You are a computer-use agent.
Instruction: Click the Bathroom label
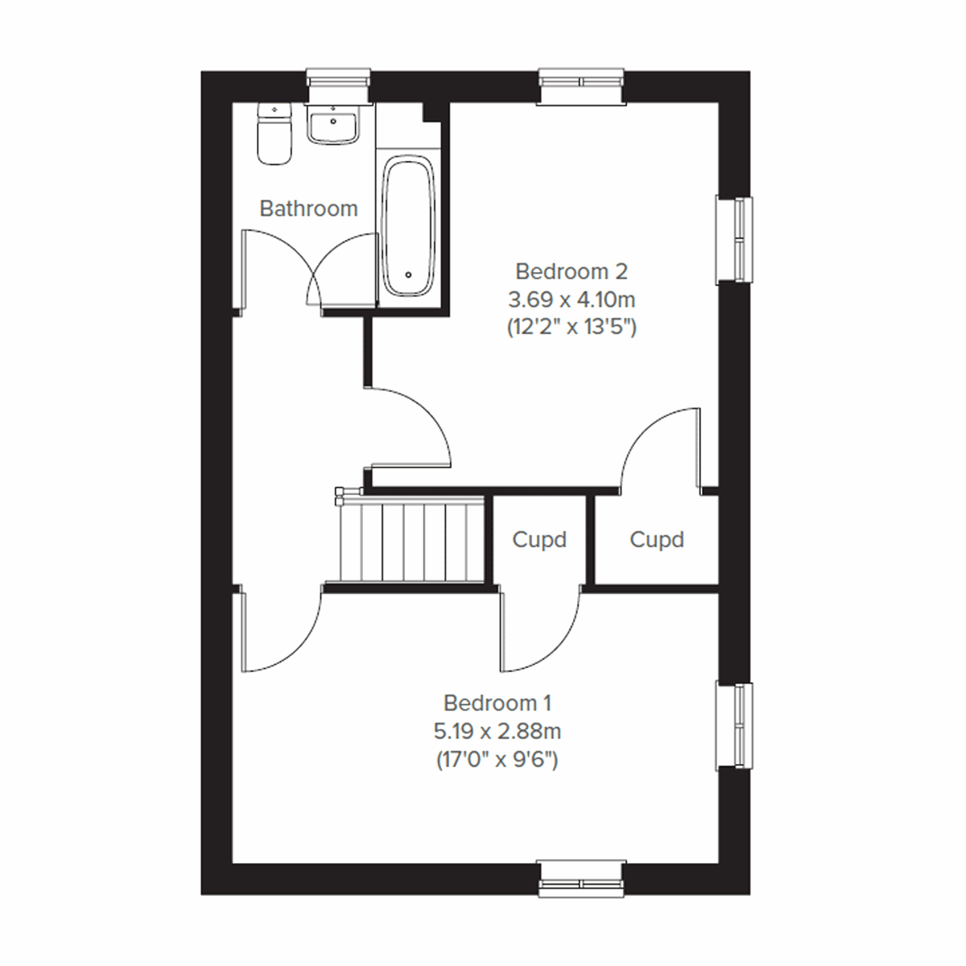click(x=308, y=208)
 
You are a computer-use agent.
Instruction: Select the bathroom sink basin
click(x=332, y=127)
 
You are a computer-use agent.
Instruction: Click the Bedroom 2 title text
click(x=571, y=270)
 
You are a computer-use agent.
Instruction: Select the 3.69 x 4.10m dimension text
click(x=571, y=299)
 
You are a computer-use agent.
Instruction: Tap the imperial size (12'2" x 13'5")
click(x=571, y=328)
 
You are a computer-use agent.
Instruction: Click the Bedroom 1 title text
click(x=497, y=703)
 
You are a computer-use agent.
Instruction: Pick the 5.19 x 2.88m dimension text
click(x=497, y=732)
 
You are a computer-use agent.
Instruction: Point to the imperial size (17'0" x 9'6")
click(x=497, y=760)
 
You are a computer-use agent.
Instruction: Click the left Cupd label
click(x=539, y=539)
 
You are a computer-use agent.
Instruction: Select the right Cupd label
click(x=657, y=539)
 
